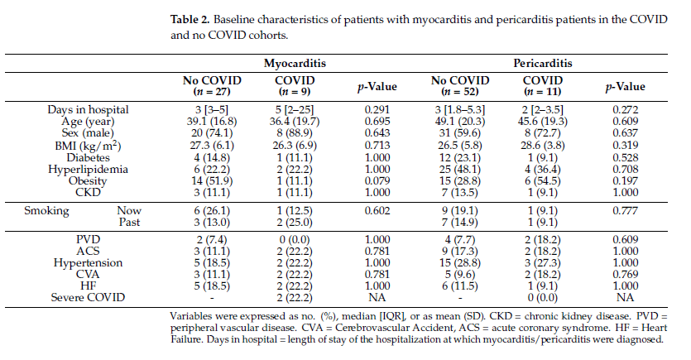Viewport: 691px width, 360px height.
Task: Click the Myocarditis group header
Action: [295, 64]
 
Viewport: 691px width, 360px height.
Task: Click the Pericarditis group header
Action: [543, 64]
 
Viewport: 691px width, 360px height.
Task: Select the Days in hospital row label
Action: [89, 110]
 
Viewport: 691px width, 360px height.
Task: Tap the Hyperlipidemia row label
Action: [89, 169]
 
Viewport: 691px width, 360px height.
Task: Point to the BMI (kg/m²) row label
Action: [89, 146]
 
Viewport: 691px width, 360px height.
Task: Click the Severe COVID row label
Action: [89, 297]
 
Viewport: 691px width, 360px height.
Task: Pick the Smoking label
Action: [46, 211]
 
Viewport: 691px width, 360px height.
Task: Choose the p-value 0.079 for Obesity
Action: [377, 180]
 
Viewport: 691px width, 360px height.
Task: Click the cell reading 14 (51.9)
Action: [212, 180]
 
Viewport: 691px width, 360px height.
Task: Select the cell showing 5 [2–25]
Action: [295, 110]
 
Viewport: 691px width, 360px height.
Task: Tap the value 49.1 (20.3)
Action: [460, 122]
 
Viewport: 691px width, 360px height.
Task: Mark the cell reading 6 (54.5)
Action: [543, 180]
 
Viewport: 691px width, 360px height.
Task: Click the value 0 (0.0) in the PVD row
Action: [295, 240]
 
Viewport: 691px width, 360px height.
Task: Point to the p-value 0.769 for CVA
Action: [626, 274]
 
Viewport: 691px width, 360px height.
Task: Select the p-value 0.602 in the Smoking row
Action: [377, 211]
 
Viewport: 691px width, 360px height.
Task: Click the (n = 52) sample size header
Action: [460, 92]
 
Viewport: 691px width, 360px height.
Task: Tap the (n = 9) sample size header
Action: [295, 92]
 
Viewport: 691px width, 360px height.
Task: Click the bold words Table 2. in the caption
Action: [190, 20]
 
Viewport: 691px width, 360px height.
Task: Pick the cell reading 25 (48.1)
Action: [460, 169]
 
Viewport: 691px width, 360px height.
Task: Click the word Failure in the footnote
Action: [187, 340]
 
